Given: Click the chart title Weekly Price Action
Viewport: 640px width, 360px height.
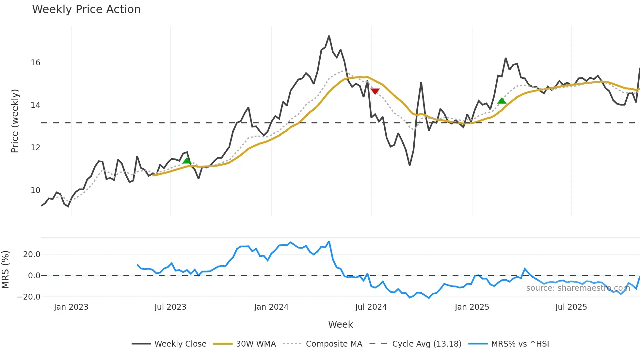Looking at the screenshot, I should (86, 9).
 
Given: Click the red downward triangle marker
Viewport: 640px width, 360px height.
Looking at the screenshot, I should (375, 91).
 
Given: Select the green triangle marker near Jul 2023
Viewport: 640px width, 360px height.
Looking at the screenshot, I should (187, 160).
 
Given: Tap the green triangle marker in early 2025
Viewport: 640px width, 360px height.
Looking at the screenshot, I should (502, 101).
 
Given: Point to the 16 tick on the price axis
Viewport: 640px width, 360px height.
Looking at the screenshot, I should (35, 63).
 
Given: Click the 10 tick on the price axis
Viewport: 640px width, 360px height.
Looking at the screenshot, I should (35, 190).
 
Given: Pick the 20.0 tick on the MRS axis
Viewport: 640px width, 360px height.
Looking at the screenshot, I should (32, 254).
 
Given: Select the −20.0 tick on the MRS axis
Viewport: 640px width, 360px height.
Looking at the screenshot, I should (29, 297).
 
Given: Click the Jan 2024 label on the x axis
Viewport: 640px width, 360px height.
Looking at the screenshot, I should (271, 307).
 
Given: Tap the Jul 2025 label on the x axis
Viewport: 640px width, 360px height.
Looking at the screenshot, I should (571, 307).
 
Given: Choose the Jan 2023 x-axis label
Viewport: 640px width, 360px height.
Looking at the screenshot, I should (71, 307).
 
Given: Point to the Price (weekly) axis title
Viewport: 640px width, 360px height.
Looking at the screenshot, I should (15, 121).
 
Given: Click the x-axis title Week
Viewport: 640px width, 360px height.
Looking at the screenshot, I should (340, 324).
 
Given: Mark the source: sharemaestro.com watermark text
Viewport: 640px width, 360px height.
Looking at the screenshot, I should (578, 288).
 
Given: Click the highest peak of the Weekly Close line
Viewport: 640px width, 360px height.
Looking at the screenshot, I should (329, 36).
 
